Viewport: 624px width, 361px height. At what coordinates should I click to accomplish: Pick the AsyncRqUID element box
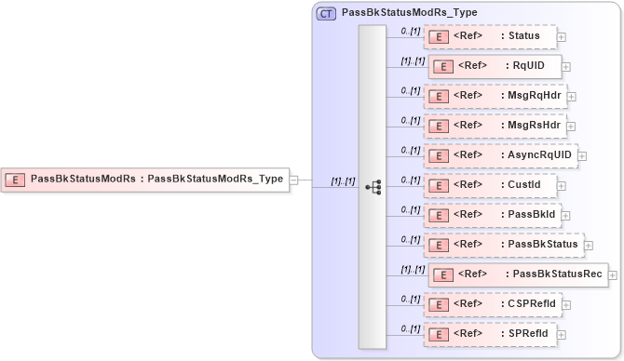499,154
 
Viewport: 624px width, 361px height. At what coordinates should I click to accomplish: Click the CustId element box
489,185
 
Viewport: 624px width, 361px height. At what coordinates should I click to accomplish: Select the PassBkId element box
491,215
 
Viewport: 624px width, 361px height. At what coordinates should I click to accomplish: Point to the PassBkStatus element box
502,245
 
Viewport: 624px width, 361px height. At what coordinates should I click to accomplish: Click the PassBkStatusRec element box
517,274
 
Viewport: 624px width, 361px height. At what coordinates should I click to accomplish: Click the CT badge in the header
326,13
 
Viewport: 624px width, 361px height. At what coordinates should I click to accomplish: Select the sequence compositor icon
373,187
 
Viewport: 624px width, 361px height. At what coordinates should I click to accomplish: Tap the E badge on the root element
16,180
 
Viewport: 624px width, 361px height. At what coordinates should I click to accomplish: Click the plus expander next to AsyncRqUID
582,155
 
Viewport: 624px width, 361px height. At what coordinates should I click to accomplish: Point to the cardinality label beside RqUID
412,60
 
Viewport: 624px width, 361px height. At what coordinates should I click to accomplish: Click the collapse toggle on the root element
293,180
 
